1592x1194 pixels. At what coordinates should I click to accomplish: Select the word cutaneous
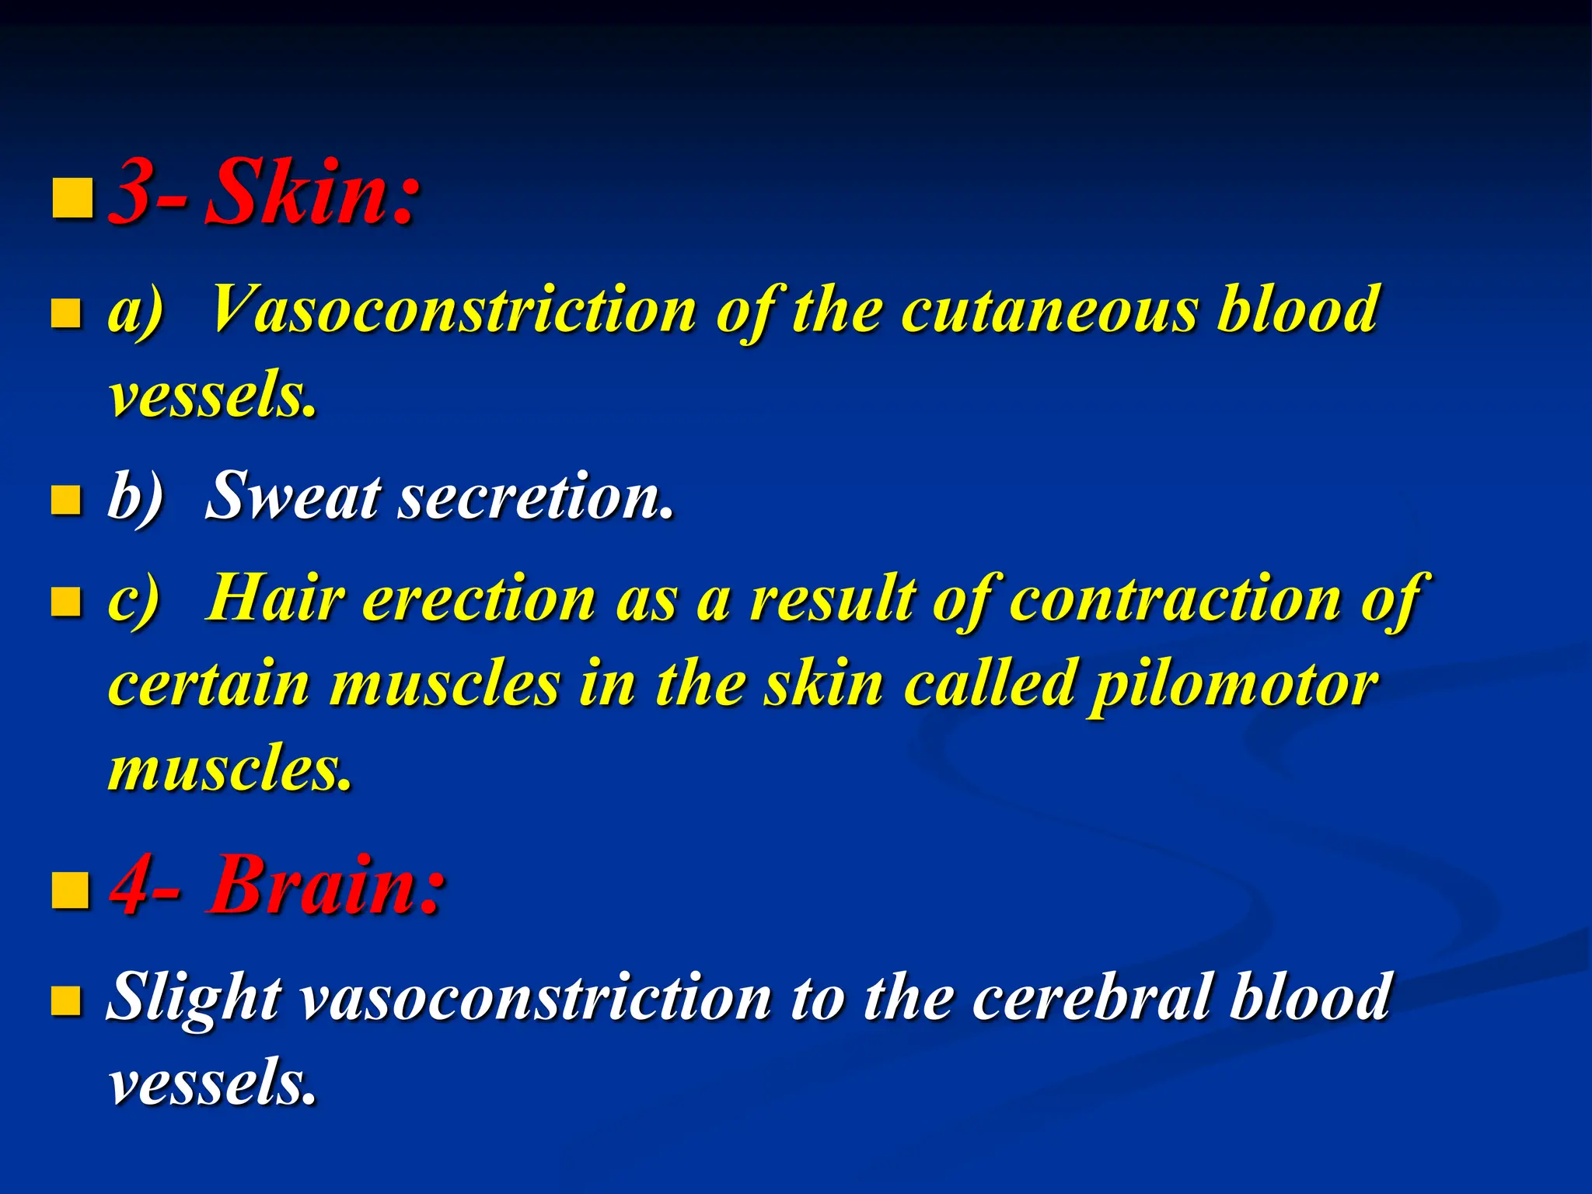click(1049, 310)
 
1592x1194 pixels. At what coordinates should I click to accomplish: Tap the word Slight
click(194, 998)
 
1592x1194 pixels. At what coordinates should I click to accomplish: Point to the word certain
click(209, 685)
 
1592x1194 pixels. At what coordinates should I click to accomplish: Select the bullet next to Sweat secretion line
click(66, 501)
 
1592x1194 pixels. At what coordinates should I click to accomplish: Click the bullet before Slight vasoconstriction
click(66, 1001)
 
